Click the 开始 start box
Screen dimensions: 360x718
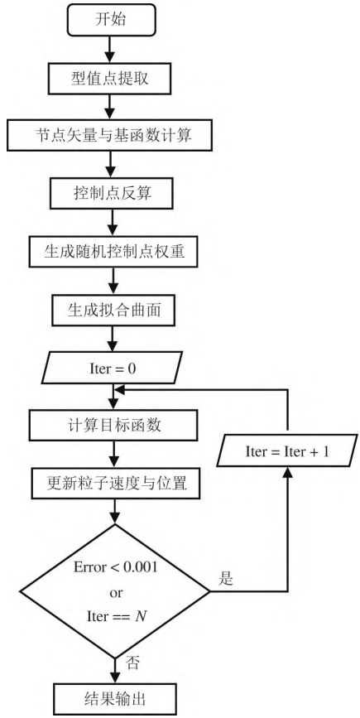pos(112,21)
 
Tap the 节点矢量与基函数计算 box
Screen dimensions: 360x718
pos(110,136)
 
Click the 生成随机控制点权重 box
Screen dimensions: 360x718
pos(114,252)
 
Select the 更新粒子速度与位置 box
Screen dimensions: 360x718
pos(116,483)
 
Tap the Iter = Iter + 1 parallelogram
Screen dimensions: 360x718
pos(287,452)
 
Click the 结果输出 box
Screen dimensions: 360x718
pos(115,699)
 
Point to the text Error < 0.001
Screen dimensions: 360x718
pos(115,567)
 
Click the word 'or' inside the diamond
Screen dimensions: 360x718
pos(116,592)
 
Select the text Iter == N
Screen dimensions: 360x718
pos(116,616)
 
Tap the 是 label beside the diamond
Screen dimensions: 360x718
pos(225,579)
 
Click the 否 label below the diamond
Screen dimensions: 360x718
pos(132,663)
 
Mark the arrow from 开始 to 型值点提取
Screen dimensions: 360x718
pos(110,50)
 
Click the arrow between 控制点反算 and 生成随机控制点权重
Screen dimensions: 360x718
pos(112,223)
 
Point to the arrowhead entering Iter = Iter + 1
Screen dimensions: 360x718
pos(287,474)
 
